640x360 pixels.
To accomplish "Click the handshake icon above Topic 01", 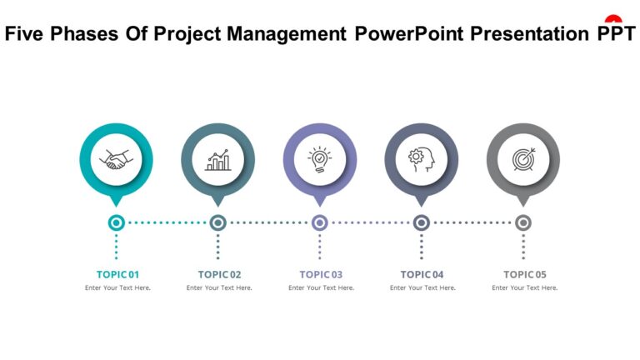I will point(116,159).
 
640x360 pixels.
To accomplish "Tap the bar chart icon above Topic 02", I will point(218,159).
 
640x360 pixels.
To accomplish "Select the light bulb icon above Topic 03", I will point(320,159).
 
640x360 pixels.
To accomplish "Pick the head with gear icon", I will point(422,159).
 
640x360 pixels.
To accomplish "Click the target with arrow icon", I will point(523,159).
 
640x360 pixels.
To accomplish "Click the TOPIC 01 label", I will point(117,274).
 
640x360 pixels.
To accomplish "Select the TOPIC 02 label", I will point(219,274).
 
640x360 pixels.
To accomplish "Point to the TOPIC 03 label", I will point(321,274).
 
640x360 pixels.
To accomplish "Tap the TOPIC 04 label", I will point(422,274).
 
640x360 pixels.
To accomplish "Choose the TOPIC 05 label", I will point(525,274).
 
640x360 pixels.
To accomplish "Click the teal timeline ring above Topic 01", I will point(117,222).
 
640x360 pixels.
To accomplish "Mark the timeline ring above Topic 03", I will point(320,222).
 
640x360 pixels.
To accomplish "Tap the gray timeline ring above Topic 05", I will point(523,222).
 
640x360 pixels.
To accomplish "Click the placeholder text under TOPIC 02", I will point(219,288).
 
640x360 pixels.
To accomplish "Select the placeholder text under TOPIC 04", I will point(422,288).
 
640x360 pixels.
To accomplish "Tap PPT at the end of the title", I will point(617,34).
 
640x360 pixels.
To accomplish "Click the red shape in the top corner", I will point(614,18).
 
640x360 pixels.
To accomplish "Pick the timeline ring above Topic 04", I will point(422,222).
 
